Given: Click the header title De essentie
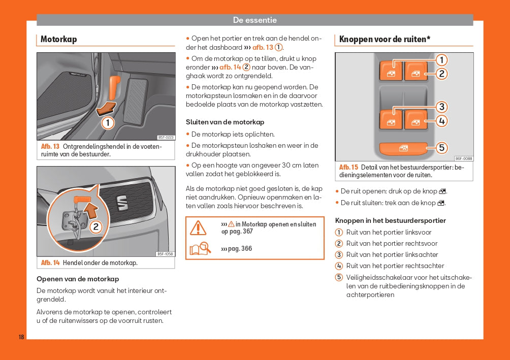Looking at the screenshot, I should click(254, 20).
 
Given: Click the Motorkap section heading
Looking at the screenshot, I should click(58, 39).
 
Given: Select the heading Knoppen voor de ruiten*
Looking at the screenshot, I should click(385, 39).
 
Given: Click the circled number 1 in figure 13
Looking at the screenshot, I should click(108, 122).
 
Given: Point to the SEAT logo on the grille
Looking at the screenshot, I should click(122, 202).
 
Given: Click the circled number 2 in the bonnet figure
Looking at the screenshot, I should click(95, 227).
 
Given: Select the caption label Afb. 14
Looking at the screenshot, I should click(50, 263).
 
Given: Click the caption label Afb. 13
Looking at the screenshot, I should click(50, 147).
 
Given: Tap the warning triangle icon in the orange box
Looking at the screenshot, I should click(198, 227).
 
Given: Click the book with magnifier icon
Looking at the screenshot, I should click(200, 249).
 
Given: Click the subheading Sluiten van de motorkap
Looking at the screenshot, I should click(225, 122).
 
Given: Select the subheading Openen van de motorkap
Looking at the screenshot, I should click(78, 279).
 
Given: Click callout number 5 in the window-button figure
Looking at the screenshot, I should click(442, 148).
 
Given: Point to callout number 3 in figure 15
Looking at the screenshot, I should click(442, 107).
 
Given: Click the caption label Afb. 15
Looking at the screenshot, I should click(348, 167).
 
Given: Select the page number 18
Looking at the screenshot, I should click(21, 337).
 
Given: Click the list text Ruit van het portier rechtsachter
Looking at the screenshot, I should click(395, 266).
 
